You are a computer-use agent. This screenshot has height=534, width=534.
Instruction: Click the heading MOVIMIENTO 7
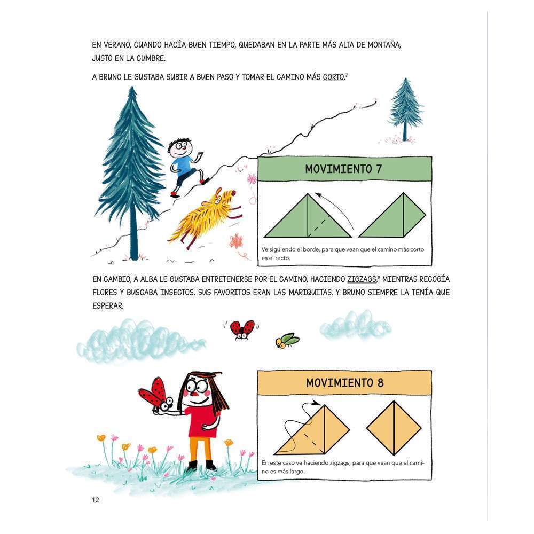(x=343, y=169)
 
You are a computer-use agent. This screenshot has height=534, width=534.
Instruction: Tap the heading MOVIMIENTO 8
(x=344, y=383)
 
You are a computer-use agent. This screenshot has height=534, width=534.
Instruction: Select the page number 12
(x=96, y=500)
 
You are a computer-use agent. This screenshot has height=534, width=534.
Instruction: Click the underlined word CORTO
(x=333, y=77)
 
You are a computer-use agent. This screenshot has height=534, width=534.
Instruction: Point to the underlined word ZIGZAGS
(x=362, y=279)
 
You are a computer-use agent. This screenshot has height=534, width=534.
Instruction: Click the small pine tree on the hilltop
(x=405, y=109)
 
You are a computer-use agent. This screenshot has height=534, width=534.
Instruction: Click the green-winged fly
(x=287, y=341)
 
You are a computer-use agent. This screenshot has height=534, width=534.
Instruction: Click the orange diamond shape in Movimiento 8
(x=394, y=428)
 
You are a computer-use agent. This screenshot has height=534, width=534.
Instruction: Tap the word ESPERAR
(x=108, y=306)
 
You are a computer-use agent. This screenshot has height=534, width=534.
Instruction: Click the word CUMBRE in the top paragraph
(x=151, y=58)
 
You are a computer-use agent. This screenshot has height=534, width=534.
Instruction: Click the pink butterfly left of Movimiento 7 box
(x=252, y=178)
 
